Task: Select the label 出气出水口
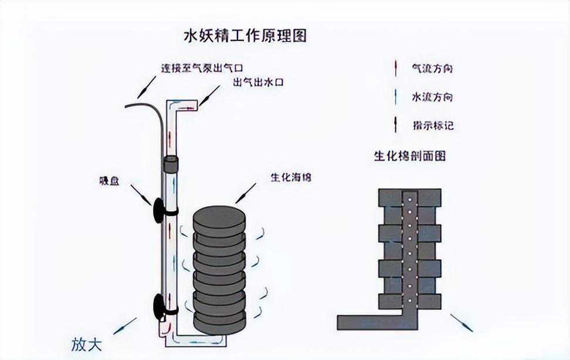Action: [x=258, y=83]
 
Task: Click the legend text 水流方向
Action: [x=432, y=97]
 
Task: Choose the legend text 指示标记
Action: [x=432, y=125]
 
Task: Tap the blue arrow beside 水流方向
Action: [x=396, y=97]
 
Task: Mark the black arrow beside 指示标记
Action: [x=396, y=124]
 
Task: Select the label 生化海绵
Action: [x=291, y=176]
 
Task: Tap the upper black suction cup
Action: [x=158, y=210]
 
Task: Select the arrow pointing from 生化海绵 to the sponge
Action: [x=246, y=193]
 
